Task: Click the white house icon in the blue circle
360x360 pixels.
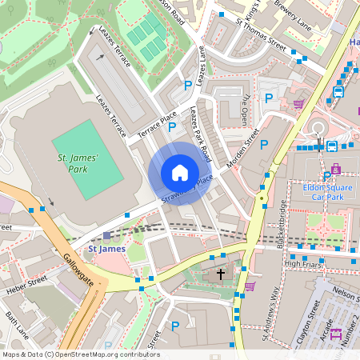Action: pyautogui.click(x=180, y=172)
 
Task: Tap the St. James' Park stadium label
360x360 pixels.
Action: pyautogui.click(x=78, y=165)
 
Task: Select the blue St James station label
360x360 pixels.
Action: pyautogui.click(x=106, y=249)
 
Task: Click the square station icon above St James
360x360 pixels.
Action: pyautogui.click(x=107, y=236)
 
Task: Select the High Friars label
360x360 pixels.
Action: pyautogui.click(x=302, y=262)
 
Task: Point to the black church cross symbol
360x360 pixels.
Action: pyautogui.click(x=221, y=274)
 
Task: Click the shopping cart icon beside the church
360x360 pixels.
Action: pyautogui.click(x=250, y=286)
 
